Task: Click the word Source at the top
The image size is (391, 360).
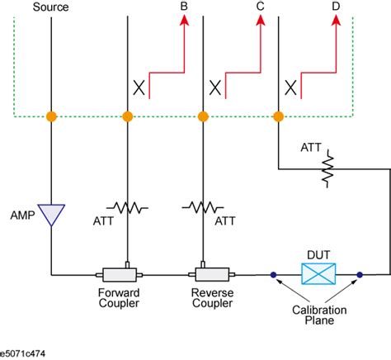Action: coord(50,7)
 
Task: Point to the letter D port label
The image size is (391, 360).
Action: coord(335,7)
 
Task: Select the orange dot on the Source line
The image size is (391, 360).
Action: coord(51,116)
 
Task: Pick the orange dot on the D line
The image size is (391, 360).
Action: coord(279,116)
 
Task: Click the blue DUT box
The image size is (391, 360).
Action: coord(316,273)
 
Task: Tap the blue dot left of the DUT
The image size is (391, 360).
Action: coord(272,273)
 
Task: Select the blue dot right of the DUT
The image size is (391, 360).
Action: coord(360,273)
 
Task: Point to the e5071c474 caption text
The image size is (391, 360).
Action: coord(26,352)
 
